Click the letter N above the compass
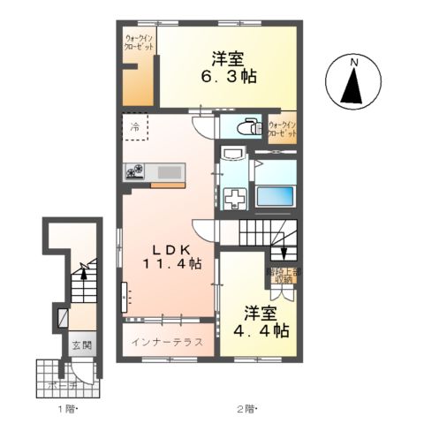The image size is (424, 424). point(352,62)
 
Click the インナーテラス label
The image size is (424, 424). point(167,341)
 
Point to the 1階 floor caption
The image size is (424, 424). point(68,408)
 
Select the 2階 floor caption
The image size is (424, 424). point(245,408)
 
